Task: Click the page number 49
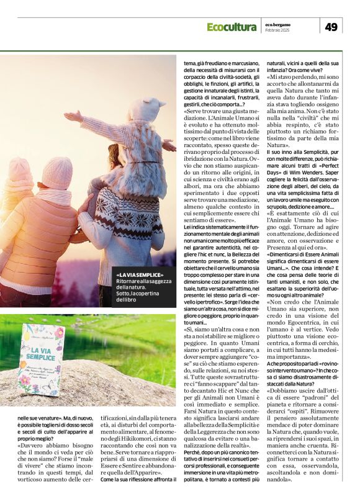330,26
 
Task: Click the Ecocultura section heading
232,27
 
